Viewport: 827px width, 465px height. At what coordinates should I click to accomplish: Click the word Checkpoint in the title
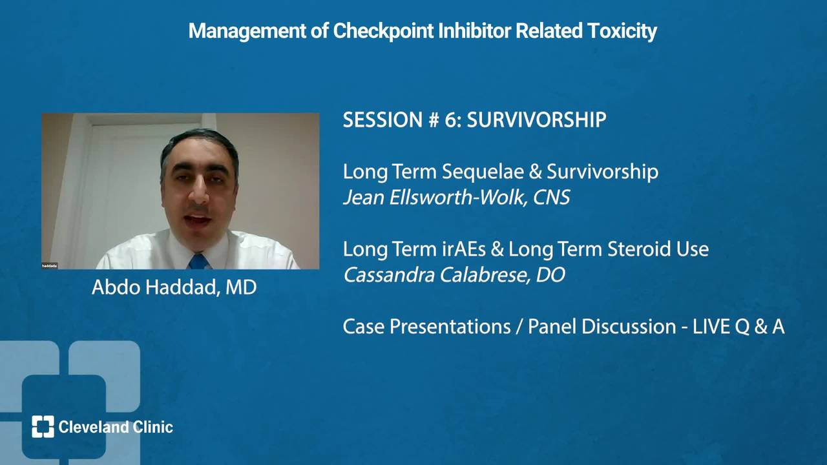click(x=383, y=31)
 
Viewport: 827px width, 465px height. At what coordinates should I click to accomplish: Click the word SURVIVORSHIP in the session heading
click(x=536, y=119)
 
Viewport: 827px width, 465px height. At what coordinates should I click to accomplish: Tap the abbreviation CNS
click(x=551, y=198)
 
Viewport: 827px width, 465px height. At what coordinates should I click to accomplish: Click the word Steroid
click(x=639, y=249)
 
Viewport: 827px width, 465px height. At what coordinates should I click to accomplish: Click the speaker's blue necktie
click(x=199, y=262)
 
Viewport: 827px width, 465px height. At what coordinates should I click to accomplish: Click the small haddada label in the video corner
click(x=50, y=265)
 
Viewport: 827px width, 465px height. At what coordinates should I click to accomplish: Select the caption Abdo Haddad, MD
click(x=174, y=287)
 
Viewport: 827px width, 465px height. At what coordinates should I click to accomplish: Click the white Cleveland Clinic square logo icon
click(x=43, y=427)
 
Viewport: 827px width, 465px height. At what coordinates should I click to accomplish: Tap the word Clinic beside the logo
click(x=153, y=427)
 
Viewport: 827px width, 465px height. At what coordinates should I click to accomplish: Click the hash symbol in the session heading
click(x=434, y=119)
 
